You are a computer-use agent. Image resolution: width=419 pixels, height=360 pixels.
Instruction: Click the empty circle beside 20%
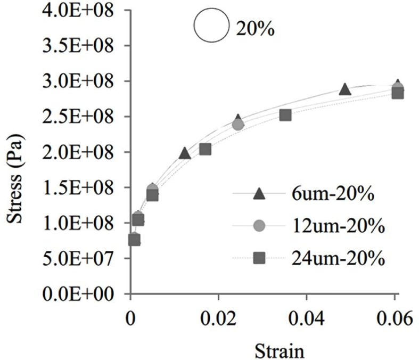211,27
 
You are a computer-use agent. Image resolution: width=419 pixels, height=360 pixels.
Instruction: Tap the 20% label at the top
255,29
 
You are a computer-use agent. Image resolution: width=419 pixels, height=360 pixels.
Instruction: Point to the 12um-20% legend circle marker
259,226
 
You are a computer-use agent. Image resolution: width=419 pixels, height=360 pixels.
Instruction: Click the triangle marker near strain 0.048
345,89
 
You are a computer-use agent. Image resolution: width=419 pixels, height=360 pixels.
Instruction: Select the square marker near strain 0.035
285,114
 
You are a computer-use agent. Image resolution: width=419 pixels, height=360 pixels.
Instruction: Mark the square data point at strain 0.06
397,93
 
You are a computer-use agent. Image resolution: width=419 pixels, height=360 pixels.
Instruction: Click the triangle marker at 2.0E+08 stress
185,153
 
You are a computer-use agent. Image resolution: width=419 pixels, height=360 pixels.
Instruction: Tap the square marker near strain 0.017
205,149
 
